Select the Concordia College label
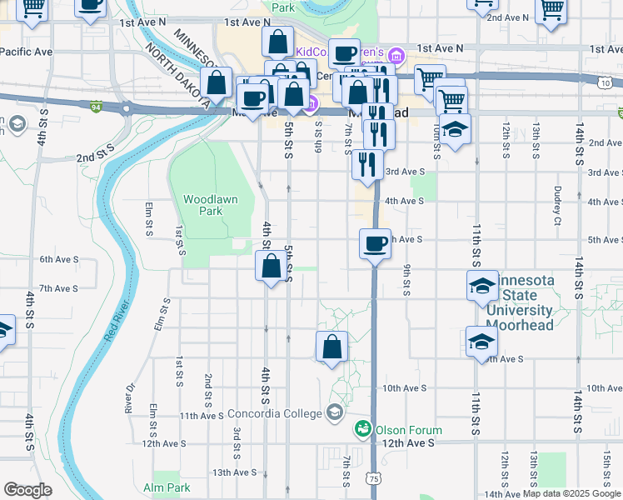[x=276, y=414]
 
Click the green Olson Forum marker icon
[x=363, y=429]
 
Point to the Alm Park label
[x=167, y=487]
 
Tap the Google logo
[x=28, y=490]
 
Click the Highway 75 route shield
[x=375, y=478]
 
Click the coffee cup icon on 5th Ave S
[x=375, y=243]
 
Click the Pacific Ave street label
[x=27, y=52]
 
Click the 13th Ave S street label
[x=233, y=472]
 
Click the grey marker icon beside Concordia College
[x=335, y=412]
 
